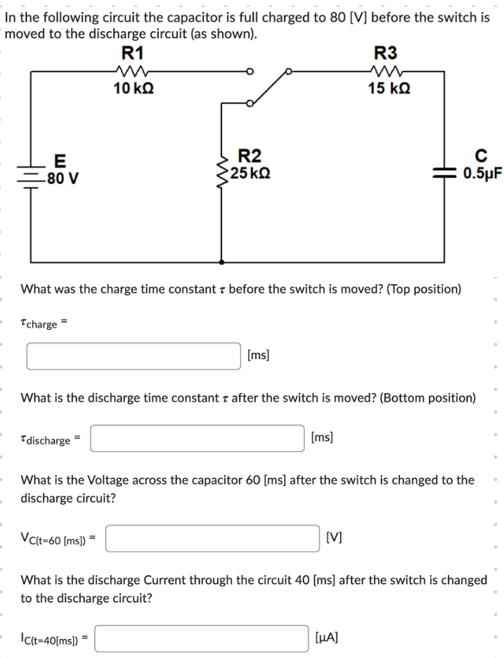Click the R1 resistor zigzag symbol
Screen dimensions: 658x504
(131, 70)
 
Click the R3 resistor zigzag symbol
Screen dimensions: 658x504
(386, 70)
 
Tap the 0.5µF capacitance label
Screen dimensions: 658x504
(482, 174)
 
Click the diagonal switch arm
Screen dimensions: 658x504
(269, 87)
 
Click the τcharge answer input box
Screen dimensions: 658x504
(134, 356)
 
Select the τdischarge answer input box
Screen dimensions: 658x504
(197, 439)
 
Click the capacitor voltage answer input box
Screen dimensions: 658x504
(214, 539)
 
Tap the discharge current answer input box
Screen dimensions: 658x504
(202, 638)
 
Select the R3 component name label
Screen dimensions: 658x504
(385, 52)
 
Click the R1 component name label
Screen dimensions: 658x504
(132, 52)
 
